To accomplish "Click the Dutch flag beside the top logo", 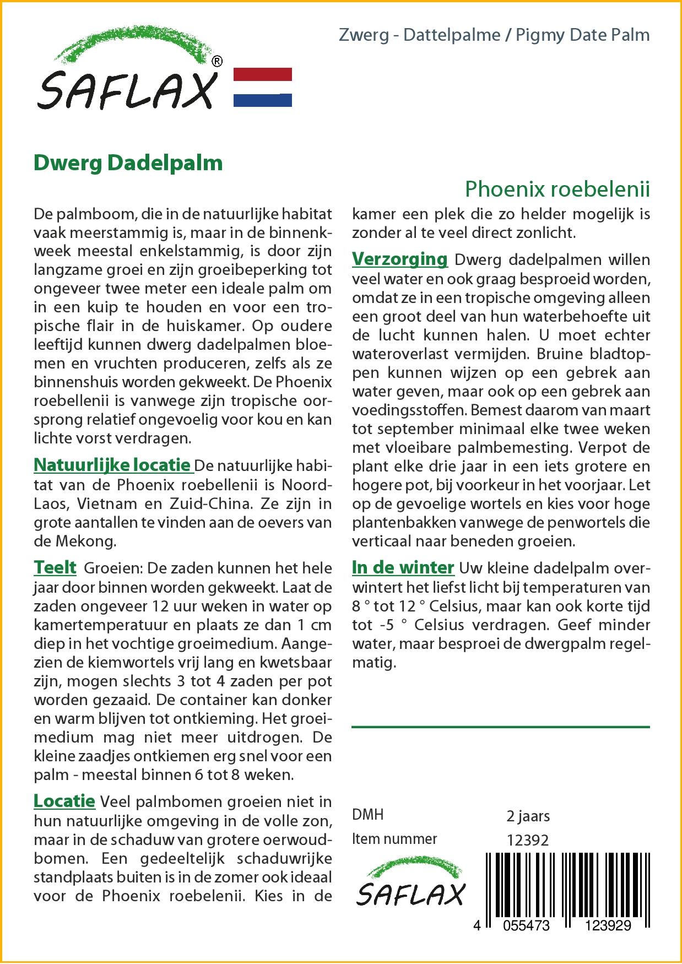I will coord(263,87).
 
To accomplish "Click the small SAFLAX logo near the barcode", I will coord(410,885).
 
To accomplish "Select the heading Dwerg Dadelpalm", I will coord(128,163).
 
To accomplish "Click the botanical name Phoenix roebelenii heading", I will coord(557,189).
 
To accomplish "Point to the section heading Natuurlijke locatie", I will coord(112,465).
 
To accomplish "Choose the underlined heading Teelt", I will coord(55,568).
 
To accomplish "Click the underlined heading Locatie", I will coord(64,801).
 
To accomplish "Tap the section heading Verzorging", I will coord(400,259).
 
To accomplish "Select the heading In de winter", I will coord(403,568).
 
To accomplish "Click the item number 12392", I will coord(528,840).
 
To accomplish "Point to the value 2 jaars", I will coord(528,816).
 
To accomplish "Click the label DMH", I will coord(367,815).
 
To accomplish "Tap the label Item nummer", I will coord(394,839).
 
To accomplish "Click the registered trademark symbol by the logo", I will coord(217,62).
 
